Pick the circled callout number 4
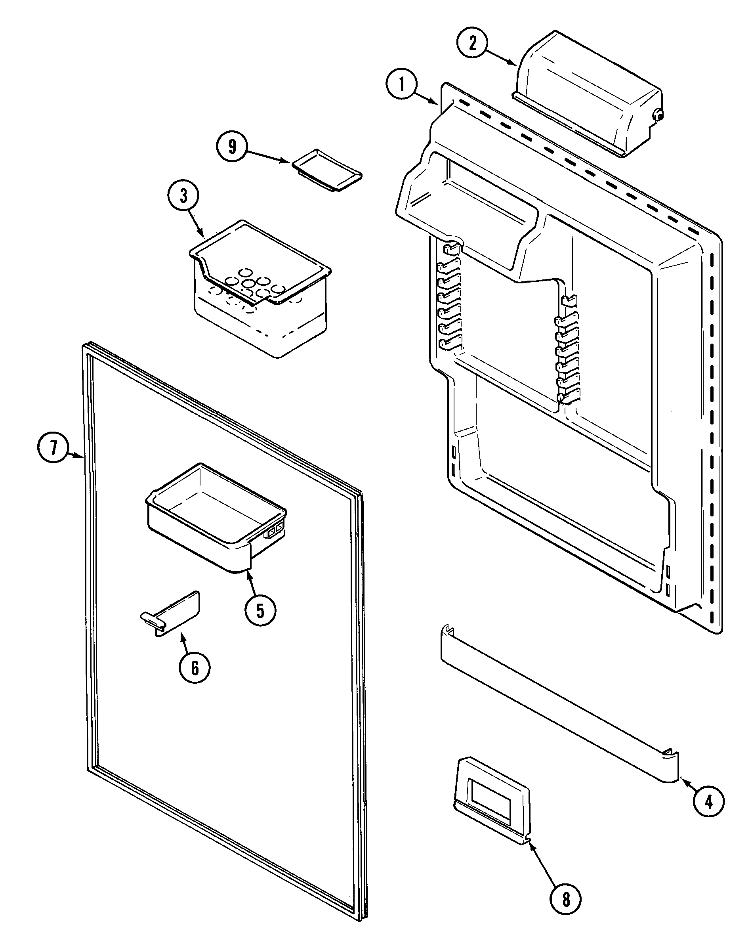click(709, 802)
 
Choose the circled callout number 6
click(195, 668)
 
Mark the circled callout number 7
click(53, 448)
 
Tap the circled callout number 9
click(232, 146)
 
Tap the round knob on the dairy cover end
click(657, 115)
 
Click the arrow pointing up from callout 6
click(186, 642)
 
